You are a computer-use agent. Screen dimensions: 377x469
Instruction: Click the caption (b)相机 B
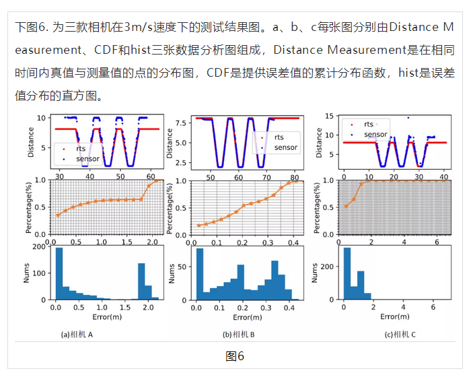[242, 334]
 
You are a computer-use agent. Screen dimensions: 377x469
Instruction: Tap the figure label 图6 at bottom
[235, 355]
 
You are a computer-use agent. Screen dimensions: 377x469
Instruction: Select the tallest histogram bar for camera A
[59, 273]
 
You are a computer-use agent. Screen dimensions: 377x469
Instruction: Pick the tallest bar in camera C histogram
[347, 273]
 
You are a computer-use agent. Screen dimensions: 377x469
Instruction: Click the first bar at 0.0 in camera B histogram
[199, 274]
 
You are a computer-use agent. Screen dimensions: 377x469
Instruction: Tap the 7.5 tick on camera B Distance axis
[182, 124]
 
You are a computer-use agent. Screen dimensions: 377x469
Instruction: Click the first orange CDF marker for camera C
[346, 206]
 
